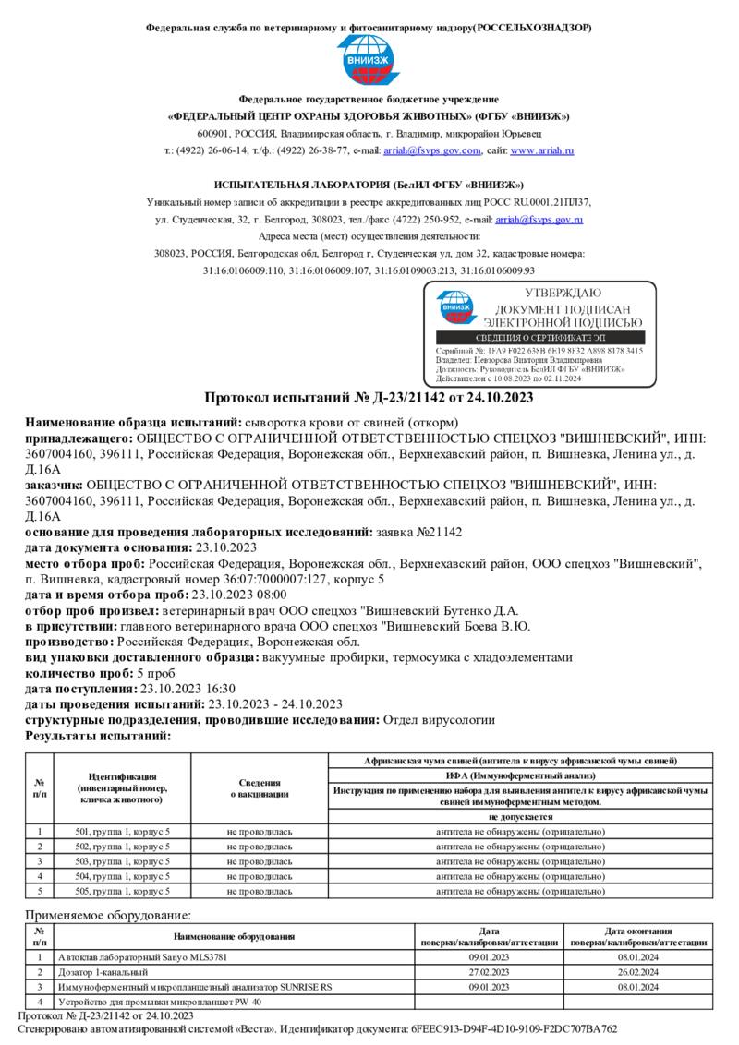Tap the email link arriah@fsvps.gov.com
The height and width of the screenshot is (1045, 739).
[x=434, y=150]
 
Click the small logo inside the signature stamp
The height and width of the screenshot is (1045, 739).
[x=454, y=309]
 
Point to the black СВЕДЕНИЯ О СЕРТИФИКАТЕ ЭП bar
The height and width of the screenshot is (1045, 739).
[x=539, y=339]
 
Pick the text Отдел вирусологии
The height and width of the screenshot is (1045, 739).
[x=439, y=719]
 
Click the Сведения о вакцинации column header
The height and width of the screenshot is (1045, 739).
[x=260, y=787]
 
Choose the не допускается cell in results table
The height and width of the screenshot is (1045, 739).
[x=519, y=817]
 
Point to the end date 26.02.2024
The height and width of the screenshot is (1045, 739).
[x=638, y=972]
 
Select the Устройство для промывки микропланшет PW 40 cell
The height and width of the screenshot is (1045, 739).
[x=160, y=1002]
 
